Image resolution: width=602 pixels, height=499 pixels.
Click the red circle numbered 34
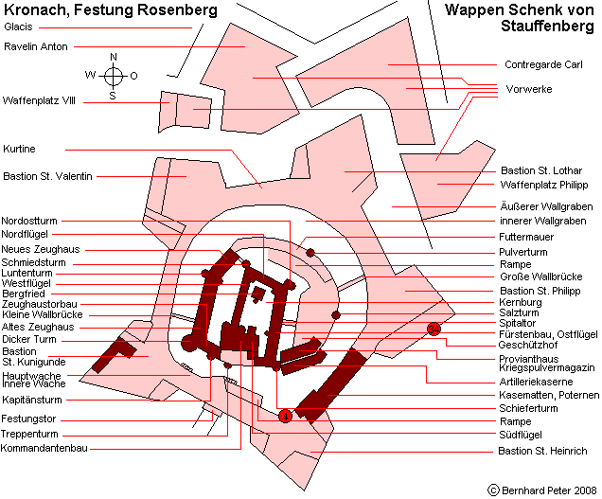coord(434,330)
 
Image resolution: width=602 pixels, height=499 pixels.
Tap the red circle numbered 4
coord(285,416)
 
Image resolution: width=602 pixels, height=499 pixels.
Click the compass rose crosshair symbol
coord(114,76)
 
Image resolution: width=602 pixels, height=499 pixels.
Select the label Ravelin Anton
coord(36,46)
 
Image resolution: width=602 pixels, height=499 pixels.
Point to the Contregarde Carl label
coord(543,64)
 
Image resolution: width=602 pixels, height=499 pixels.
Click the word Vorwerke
coord(529,89)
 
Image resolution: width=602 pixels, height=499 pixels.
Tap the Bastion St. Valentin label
coord(47,176)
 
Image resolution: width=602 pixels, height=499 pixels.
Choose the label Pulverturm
coord(522,252)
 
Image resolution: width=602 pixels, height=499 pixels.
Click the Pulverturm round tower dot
coord(310,253)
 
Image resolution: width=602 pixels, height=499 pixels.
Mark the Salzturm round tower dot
coord(336,315)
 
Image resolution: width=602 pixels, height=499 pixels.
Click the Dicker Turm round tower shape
coord(187,342)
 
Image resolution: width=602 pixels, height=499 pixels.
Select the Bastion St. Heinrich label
coord(542,451)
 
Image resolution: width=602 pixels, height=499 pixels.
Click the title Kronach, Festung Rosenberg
coord(111,9)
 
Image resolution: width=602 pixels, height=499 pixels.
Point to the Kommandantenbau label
coord(44,448)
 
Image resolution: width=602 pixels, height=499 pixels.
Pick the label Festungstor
coord(28,419)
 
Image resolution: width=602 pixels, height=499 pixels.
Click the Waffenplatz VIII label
coord(39,100)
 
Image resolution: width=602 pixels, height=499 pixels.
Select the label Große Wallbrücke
coord(541,276)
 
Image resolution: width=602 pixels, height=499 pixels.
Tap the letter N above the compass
coord(114,57)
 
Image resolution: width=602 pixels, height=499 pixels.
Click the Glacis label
coord(18,27)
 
